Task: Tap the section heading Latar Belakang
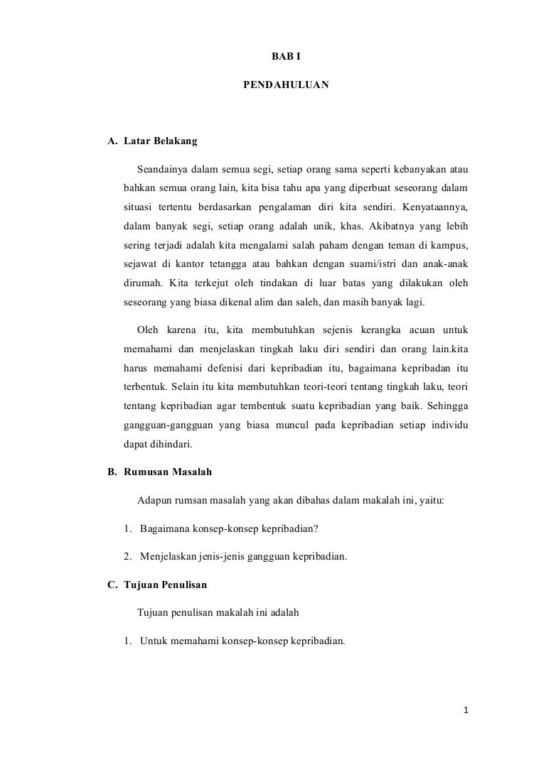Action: coord(161,141)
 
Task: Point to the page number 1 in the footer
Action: coord(465,710)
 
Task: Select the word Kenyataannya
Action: coord(434,210)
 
